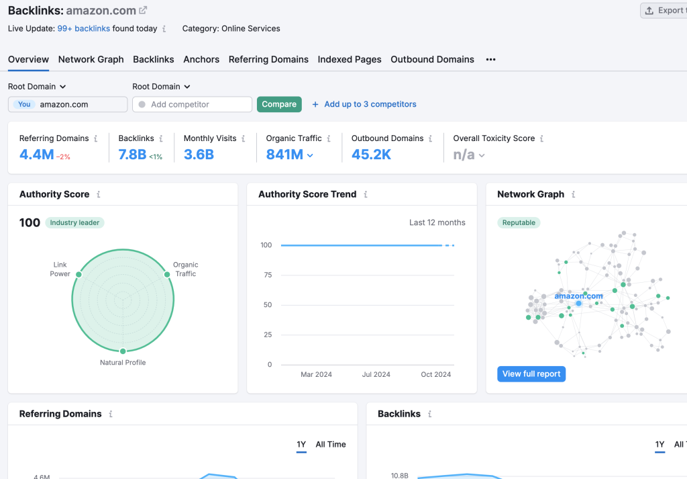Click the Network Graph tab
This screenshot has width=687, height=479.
click(x=91, y=59)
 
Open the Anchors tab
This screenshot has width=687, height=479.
click(x=201, y=59)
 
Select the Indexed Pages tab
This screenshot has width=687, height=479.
click(x=350, y=59)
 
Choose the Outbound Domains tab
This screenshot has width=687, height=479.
click(x=432, y=59)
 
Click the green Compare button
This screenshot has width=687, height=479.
click(x=279, y=104)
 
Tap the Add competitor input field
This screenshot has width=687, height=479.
click(x=193, y=104)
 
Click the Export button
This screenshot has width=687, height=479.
click(x=664, y=10)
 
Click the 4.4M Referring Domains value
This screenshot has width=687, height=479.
click(x=36, y=155)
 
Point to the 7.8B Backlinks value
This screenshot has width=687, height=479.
click(x=132, y=155)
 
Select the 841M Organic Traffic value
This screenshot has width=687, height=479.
click(x=284, y=155)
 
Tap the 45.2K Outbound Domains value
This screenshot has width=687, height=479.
click(x=371, y=155)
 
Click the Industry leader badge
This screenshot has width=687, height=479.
click(x=75, y=222)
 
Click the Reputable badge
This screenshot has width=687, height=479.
click(x=519, y=222)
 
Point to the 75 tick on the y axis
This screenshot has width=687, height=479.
click(x=267, y=275)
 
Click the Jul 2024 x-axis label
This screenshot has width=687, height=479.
click(x=376, y=374)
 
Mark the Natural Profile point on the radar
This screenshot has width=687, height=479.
click(x=123, y=351)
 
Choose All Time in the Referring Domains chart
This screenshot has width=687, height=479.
click(x=331, y=444)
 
